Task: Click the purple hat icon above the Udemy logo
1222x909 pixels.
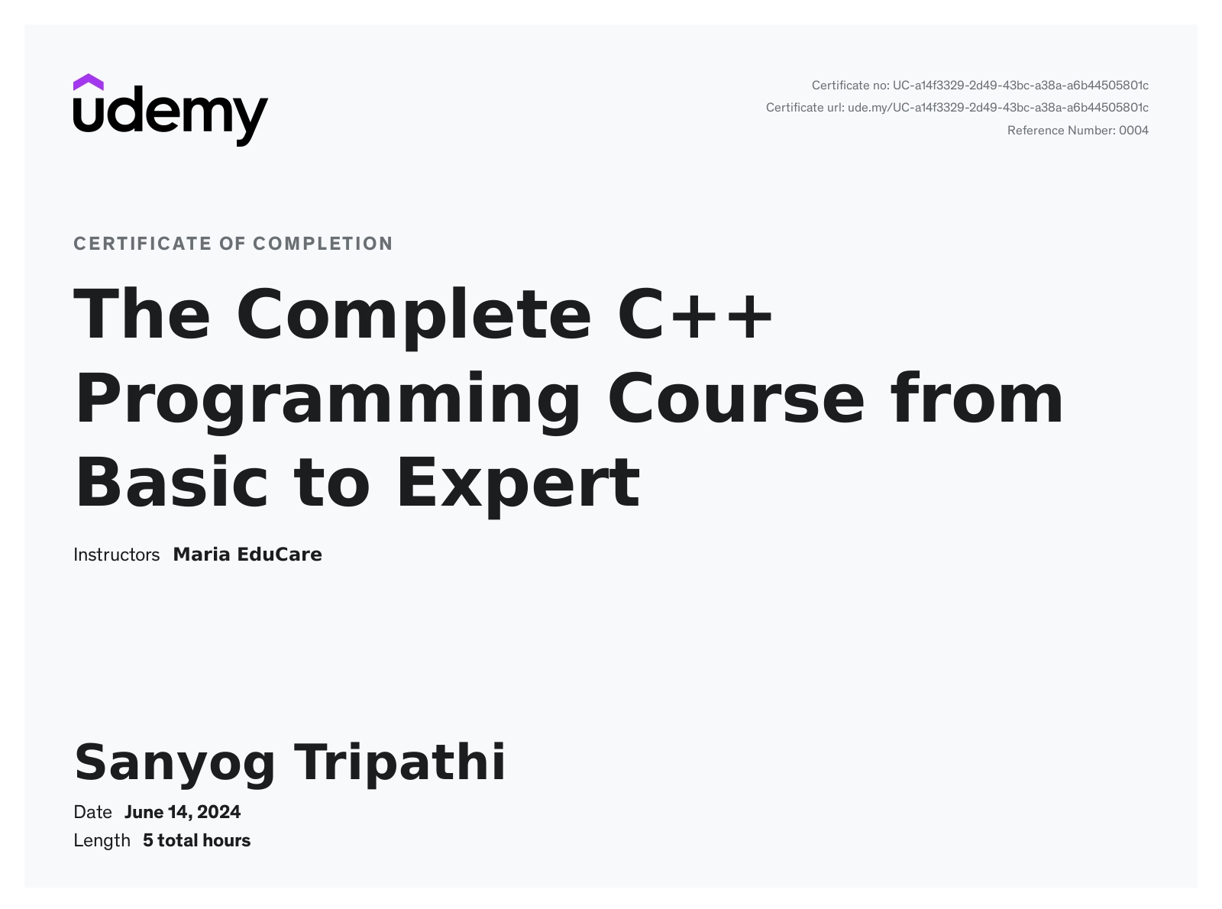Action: pyautogui.click(x=88, y=82)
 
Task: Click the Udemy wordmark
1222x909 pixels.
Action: pyautogui.click(x=170, y=116)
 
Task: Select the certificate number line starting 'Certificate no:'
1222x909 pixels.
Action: pyautogui.click(x=980, y=86)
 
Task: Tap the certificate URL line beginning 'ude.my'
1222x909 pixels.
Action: pyautogui.click(x=997, y=108)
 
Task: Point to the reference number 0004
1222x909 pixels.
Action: pyautogui.click(x=1133, y=131)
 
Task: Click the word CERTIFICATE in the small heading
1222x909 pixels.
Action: pyautogui.click(x=143, y=244)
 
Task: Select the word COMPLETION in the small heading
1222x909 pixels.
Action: pyautogui.click(x=323, y=244)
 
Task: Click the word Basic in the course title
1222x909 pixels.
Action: pyautogui.click(x=171, y=482)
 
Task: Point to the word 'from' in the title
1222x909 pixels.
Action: pyautogui.click(x=977, y=397)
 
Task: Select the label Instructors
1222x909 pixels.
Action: pyautogui.click(x=116, y=555)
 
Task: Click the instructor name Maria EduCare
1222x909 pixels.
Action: pyautogui.click(x=247, y=555)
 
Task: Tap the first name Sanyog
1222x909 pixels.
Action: pyautogui.click(x=175, y=765)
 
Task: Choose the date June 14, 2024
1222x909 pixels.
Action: pyautogui.click(x=183, y=813)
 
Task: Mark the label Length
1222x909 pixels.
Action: pyautogui.click(x=102, y=841)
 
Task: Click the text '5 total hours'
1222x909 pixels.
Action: pyautogui.click(x=197, y=841)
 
